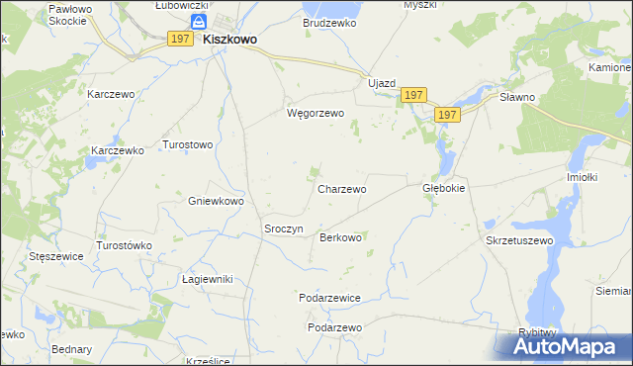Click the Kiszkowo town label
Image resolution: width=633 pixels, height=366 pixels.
click(x=230, y=40)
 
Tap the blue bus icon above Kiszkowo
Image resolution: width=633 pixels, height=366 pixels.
click(x=200, y=22)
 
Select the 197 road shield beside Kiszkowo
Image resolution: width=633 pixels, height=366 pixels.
click(x=179, y=39)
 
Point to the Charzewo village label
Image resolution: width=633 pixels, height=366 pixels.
click(x=342, y=188)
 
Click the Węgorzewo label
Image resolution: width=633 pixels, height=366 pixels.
click(x=315, y=113)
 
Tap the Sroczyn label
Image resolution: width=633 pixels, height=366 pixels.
click(x=283, y=229)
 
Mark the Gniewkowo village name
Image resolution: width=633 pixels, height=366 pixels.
click(x=216, y=200)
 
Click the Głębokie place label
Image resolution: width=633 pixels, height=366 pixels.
click(x=443, y=187)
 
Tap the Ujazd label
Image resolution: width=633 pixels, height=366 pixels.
click(x=382, y=83)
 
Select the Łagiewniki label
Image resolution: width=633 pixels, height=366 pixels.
click(x=207, y=279)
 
